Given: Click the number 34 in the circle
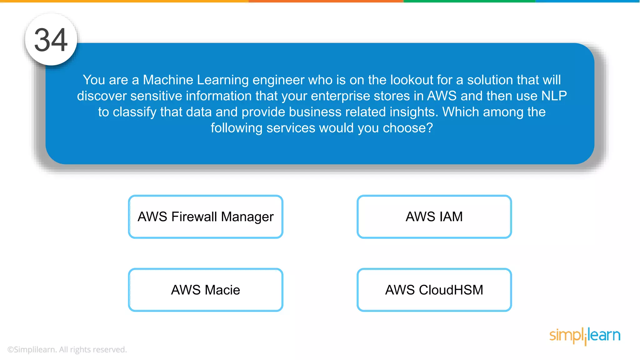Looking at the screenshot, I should (x=51, y=40).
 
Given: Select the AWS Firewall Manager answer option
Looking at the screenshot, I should (x=206, y=217).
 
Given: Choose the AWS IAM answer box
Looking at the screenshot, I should (x=434, y=217).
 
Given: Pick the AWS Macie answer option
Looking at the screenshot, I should (x=206, y=290).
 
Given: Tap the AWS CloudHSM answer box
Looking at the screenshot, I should (x=434, y=290).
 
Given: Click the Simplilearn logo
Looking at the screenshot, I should (x=585, y=336).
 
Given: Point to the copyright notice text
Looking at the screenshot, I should (x=67, y=349).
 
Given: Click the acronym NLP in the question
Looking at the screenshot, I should (x=554, y=96).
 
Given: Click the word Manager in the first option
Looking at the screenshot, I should (x=247, y=217).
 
